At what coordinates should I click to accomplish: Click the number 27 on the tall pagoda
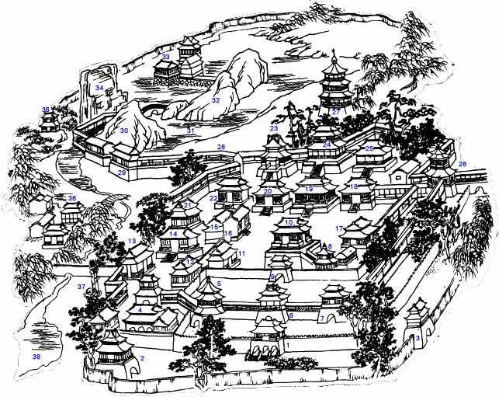click(x=335, y=112)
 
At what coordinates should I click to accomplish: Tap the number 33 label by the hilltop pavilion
click(x=165, y=57)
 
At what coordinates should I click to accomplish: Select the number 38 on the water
click(x=36, y=356)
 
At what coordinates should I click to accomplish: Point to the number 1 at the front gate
click(x=287, y=343)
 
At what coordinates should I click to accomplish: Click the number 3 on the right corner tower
click(x=418, y=338)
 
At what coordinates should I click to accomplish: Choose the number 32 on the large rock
click(x=216, y=100)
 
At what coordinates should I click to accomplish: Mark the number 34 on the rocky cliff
click(x=99, y=89)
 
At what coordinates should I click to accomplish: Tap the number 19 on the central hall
click(x=309, y=189)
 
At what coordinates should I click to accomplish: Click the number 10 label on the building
click(x=289, y=223)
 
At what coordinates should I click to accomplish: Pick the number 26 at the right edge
click(x=463, y=164)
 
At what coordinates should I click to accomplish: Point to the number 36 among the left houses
click(x=72, y=199)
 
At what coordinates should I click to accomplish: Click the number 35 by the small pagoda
click(x=46, y=110)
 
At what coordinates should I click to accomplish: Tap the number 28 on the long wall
click(x=220, y=147)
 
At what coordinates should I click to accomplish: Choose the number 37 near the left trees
click(x=81, y=287)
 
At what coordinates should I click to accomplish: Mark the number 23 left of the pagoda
click(x=273, y=128)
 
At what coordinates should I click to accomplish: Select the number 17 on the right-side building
click(x=339, y=228)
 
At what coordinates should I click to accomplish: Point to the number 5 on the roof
click(x=220, y=284)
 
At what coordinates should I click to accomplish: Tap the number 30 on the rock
click(x=124, y=131)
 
